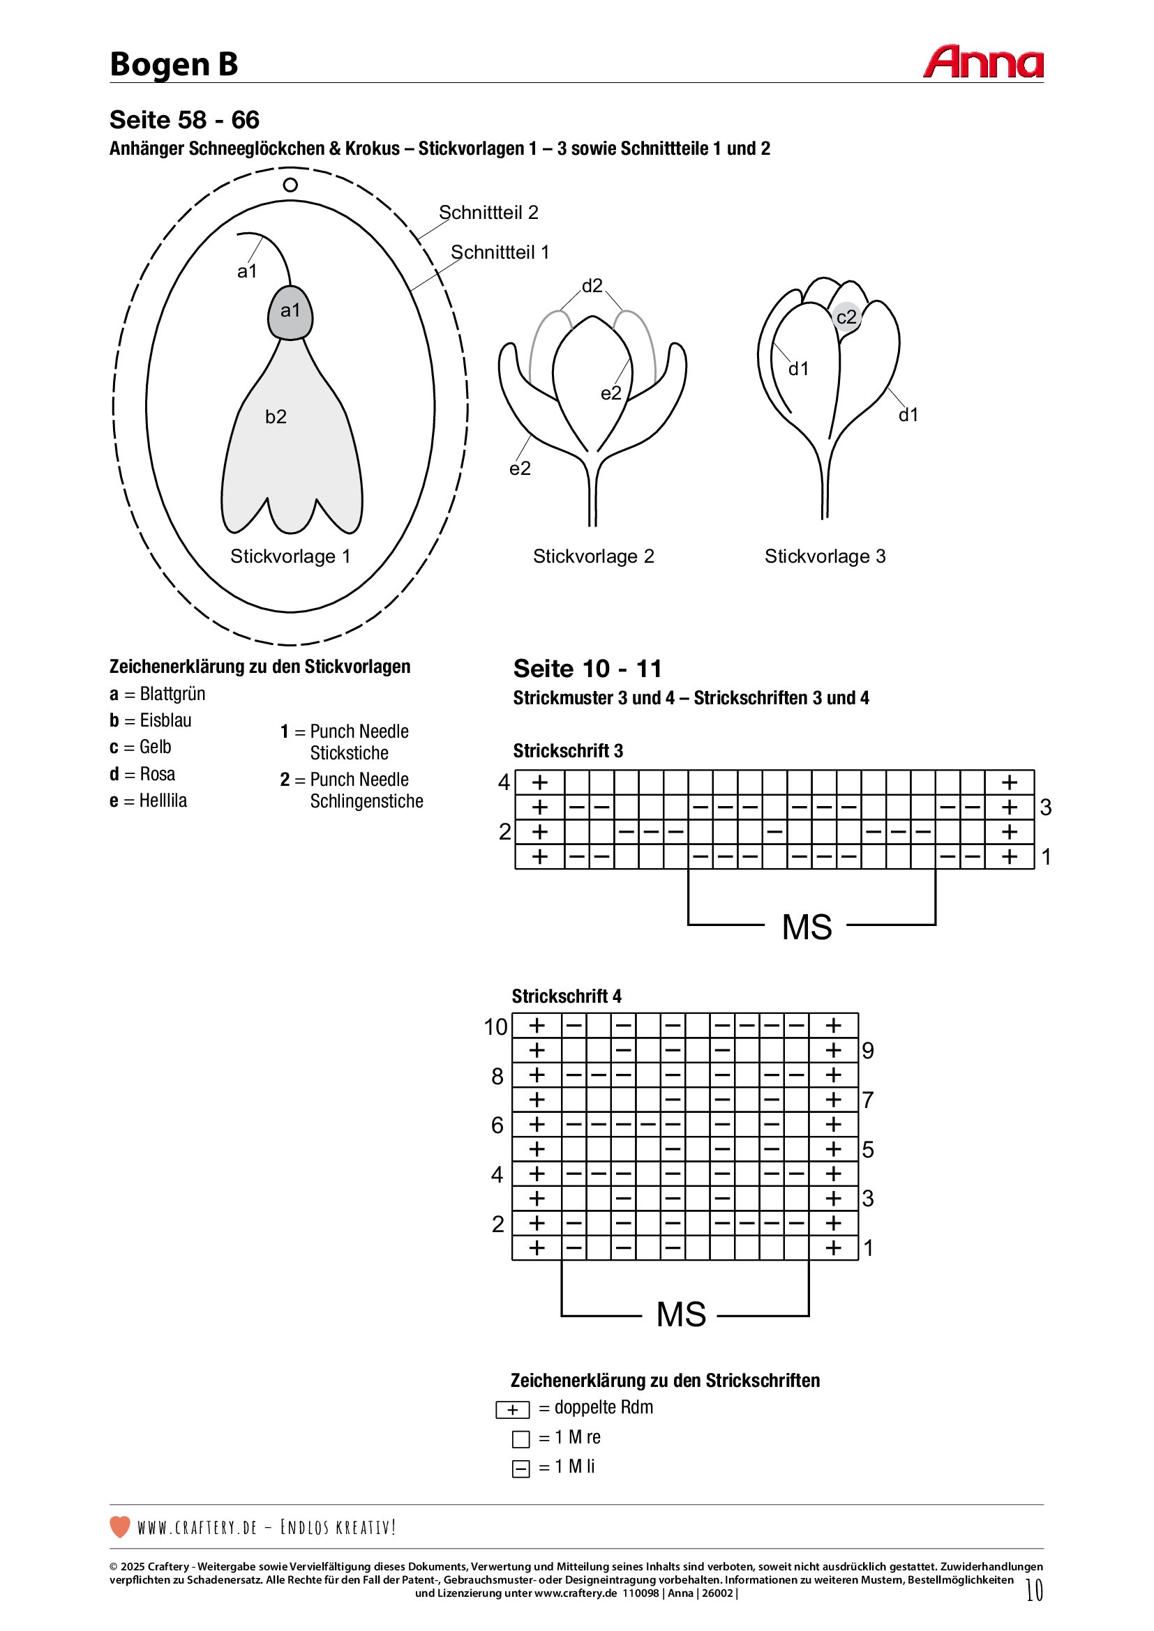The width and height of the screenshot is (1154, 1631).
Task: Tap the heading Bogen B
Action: tap(174, 64)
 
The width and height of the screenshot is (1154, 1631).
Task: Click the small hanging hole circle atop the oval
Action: tap(290, 185)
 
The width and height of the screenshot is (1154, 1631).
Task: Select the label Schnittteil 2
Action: tap(488, 213)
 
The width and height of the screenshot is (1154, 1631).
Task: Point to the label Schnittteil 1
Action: tap(500, 252)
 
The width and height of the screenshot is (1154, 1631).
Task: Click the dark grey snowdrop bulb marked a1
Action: tap(290, 312)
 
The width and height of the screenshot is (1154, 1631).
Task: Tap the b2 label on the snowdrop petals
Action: tap(276, 417)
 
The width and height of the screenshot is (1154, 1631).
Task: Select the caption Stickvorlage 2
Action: tap(593, 556)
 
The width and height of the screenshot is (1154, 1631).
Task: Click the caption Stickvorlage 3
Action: tap(825, 556)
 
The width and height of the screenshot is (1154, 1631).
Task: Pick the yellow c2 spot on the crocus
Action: tap(846, 317)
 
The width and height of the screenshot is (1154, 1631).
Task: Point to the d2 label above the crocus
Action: tap(592, 286)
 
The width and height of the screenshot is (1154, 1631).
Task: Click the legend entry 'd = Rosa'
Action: tap(142, 773)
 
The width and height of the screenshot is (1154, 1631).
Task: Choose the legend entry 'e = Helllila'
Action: tap(148, 801)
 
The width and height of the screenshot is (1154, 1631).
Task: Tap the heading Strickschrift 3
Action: tap(568, 751)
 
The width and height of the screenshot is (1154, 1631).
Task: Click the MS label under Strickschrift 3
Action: tap(807, 927)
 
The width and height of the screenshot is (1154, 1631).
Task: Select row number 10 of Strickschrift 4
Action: tap(495, 1026)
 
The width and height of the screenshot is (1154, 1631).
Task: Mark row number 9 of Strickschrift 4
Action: tap(868, 1051)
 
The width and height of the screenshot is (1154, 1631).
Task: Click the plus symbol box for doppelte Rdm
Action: tap(512, 1410)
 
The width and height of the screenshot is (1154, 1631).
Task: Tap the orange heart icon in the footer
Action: tap(120, 1526)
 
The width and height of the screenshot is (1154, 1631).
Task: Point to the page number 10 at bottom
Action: tap(1034, 1590)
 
